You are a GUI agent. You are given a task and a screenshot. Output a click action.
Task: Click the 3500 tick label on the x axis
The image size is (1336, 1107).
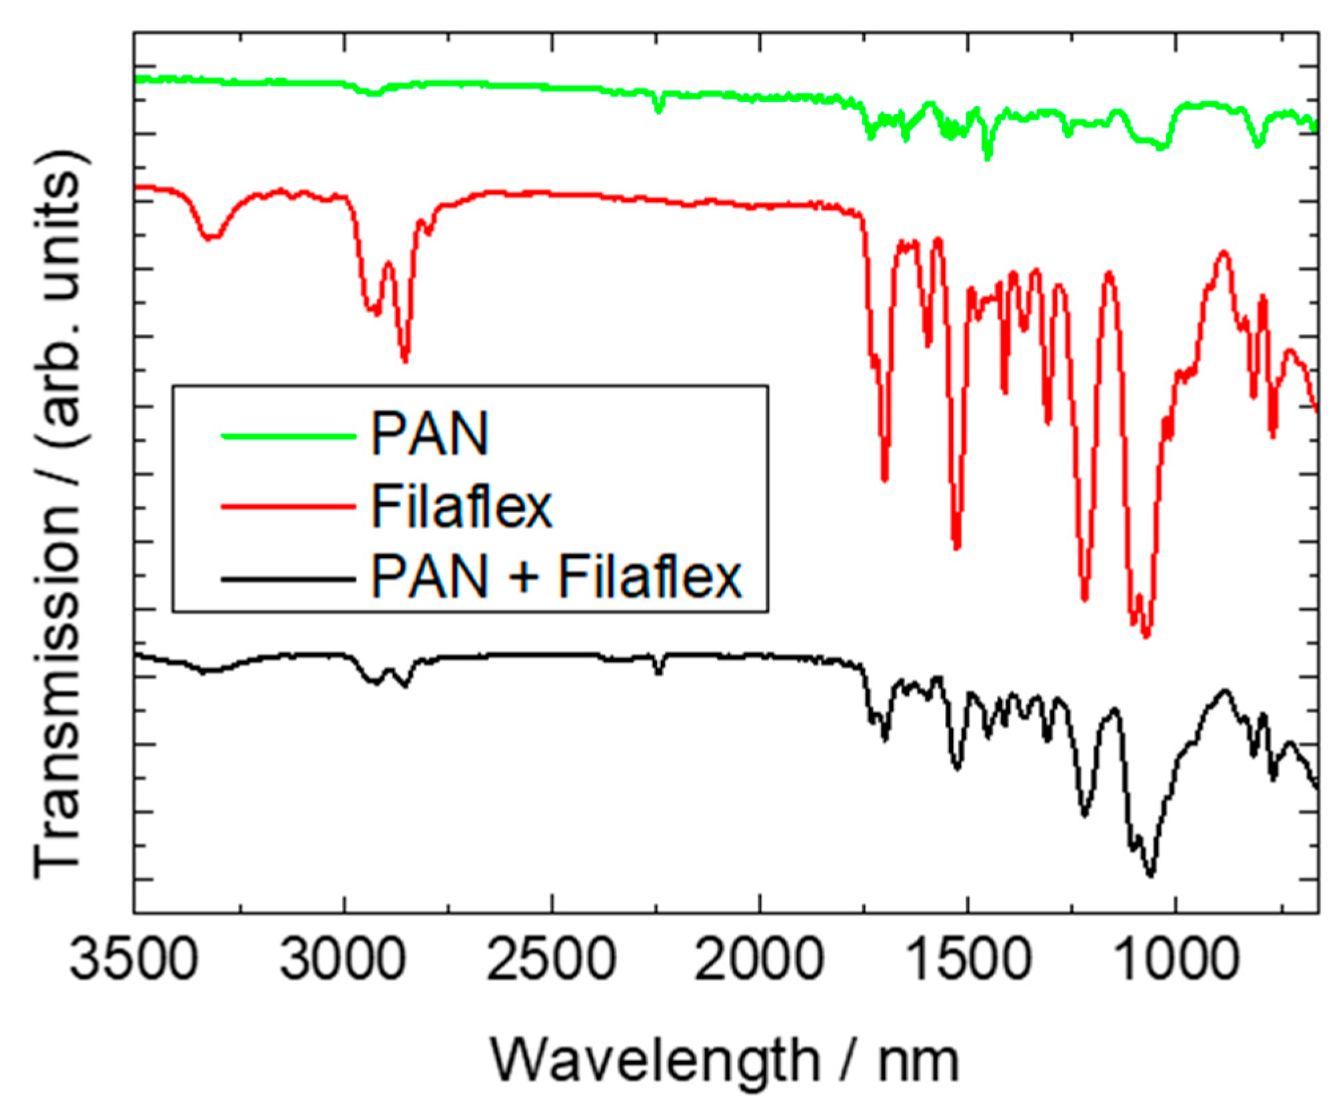[134, 962]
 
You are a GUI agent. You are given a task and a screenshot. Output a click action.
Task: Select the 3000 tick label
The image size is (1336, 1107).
[343, 962]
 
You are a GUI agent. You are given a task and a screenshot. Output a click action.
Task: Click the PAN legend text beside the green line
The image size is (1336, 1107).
[430, 435]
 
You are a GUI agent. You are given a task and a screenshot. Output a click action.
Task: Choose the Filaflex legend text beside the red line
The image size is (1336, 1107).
[461, 507]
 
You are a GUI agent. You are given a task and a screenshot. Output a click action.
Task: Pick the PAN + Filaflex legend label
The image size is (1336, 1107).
[556, 577]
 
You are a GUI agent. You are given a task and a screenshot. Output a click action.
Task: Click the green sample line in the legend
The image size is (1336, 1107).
[288, 437]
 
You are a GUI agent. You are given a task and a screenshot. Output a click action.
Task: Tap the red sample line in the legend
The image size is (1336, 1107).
[288, 507]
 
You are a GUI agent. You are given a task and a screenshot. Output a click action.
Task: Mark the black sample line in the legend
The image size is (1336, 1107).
[288, 579]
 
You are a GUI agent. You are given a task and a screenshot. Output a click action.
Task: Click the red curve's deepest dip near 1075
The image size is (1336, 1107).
[1146, 635]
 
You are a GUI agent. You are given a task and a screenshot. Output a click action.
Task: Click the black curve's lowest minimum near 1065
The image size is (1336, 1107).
[1150, 874]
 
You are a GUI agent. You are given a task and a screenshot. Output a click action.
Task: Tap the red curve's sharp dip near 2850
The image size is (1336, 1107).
[404, 360]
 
